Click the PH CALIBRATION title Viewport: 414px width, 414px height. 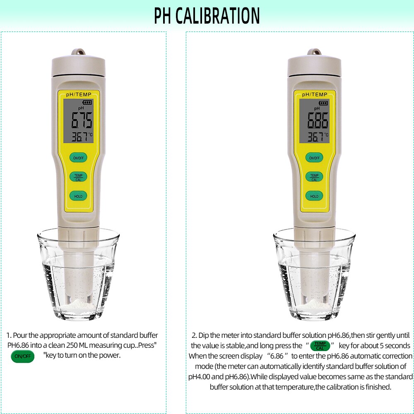[207, 16]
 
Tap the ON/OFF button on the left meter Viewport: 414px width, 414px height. [78, 158]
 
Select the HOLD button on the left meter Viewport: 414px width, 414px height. [78, 196]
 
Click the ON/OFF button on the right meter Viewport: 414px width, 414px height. [314, 158]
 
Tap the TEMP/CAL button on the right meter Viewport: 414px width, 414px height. [314, 177]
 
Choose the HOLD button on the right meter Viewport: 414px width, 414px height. [314, 196]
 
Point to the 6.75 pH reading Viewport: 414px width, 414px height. [82, 121]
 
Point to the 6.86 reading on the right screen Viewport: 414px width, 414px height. [318, 121]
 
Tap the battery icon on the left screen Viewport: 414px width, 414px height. [87, 103]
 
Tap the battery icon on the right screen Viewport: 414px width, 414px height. [323, 103]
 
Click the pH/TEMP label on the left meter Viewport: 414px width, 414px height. [79, 95]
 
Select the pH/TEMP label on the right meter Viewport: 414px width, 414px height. [315, 95]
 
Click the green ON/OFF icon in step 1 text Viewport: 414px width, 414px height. [22, 356]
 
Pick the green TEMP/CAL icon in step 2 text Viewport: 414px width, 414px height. [320, 346]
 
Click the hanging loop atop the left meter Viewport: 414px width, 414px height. [78, 53]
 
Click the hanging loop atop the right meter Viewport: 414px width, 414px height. [314, 53]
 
